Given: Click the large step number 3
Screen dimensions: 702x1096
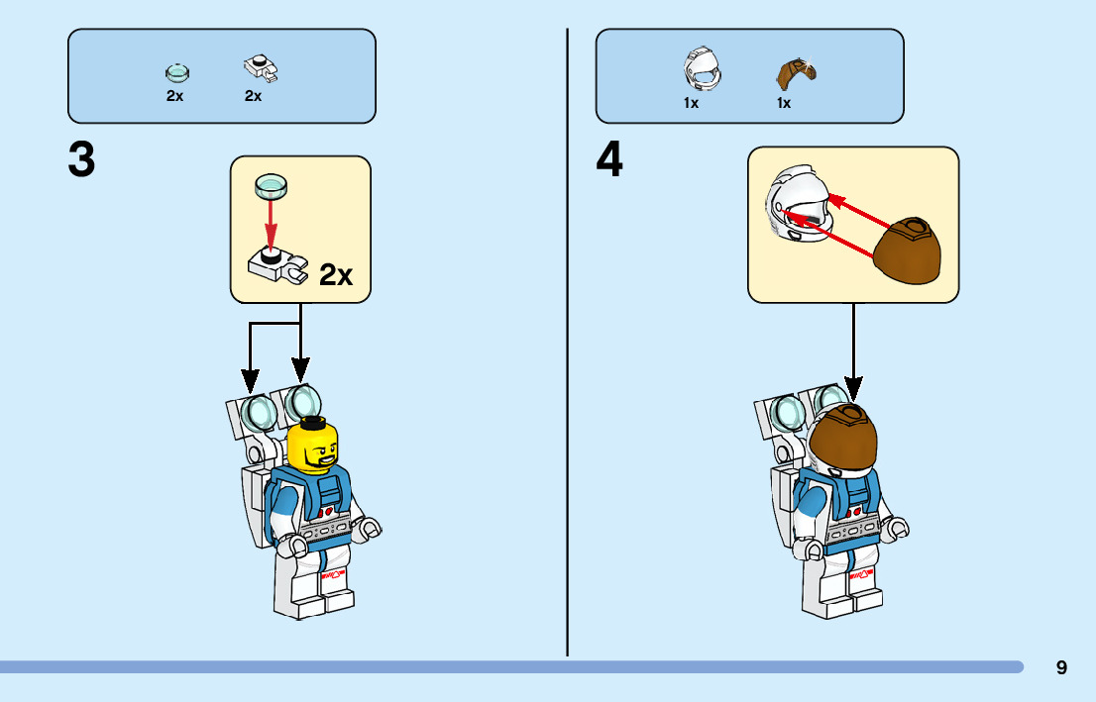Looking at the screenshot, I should pos(82,160).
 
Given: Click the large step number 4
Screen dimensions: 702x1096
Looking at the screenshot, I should pos(610,160).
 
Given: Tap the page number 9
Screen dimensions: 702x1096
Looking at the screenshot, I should pos(1061,667).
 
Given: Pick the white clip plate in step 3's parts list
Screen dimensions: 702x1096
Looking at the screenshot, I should pos(259,69).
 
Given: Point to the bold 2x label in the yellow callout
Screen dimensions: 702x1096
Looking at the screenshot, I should pos(336,274).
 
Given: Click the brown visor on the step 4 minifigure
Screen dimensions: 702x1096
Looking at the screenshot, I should pos(844,439).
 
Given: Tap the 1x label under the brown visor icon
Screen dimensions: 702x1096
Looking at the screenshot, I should pos(783,102).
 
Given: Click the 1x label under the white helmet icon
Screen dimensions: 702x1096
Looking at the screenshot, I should pos(691,102).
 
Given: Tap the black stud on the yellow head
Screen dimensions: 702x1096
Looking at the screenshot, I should pos(313,423).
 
